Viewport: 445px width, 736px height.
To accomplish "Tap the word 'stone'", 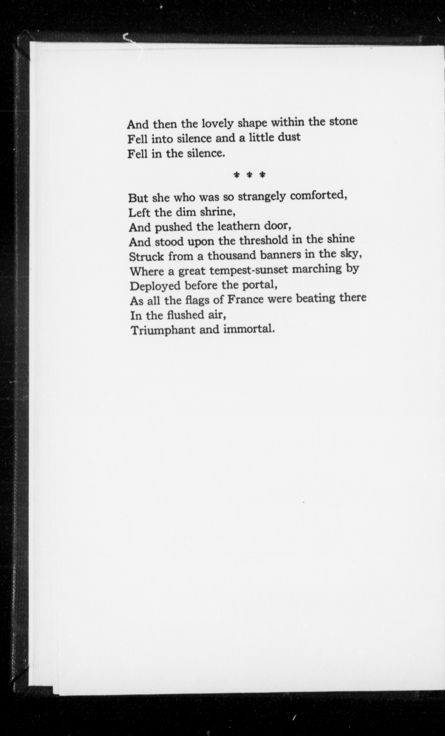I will point(343,122).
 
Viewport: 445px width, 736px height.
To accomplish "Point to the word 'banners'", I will point(280,255).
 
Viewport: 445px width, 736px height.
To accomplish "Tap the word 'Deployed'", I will point(155,286).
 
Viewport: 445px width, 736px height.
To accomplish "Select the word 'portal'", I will point(259,285).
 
